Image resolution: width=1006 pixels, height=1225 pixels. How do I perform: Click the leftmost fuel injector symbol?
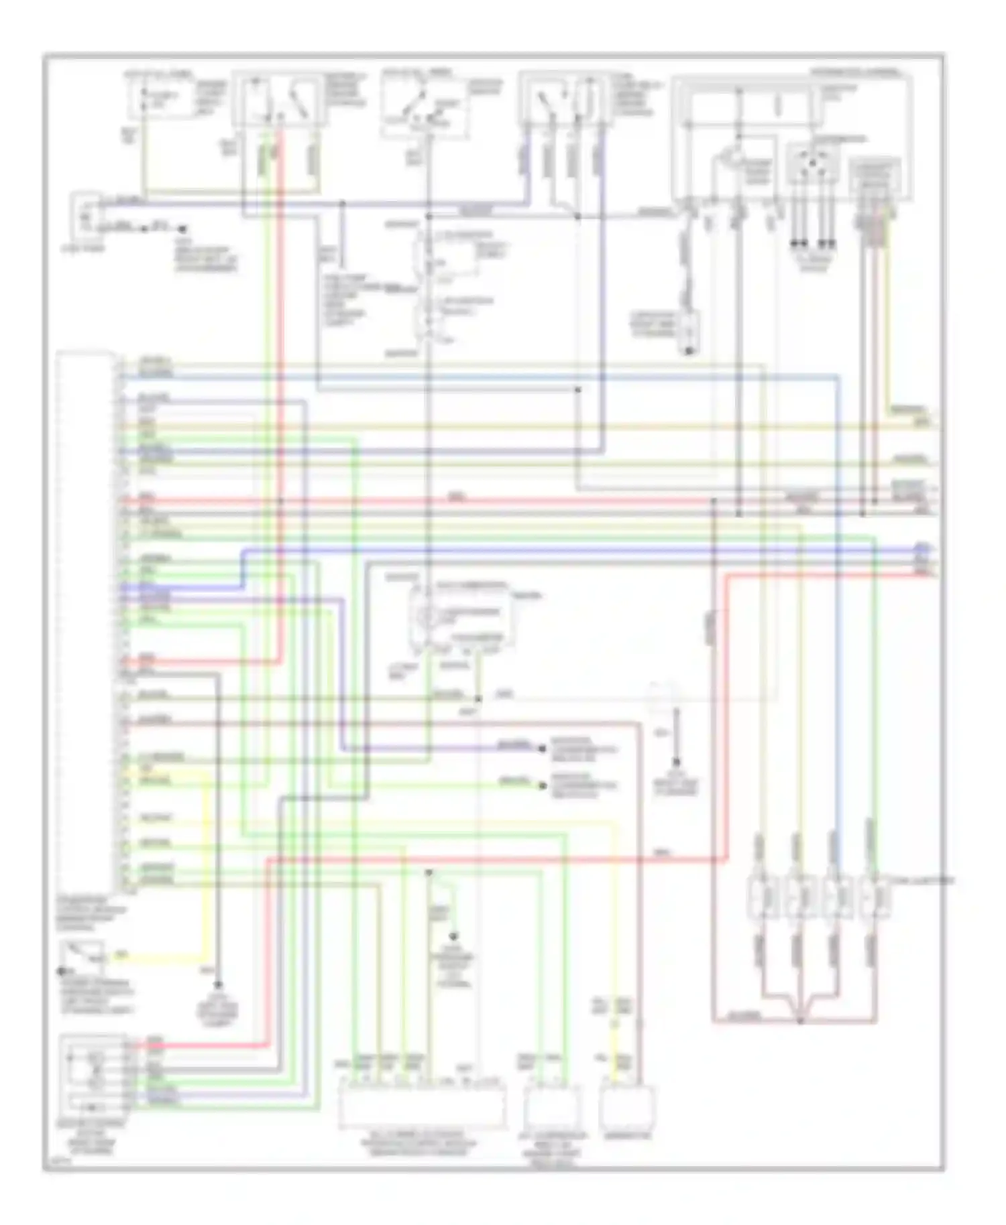point(760,897)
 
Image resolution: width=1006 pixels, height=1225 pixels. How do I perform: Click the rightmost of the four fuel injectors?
point(873,897)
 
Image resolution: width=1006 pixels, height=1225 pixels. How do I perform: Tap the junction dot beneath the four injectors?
point(799,1021)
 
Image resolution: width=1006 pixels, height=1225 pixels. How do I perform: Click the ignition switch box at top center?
point(423,104)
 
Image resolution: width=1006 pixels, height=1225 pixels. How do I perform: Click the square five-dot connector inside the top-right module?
point(812,165)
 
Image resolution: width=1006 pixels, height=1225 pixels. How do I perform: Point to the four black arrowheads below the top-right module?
point(812,243)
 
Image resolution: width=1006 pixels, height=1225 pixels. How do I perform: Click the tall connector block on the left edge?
point(85,620)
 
